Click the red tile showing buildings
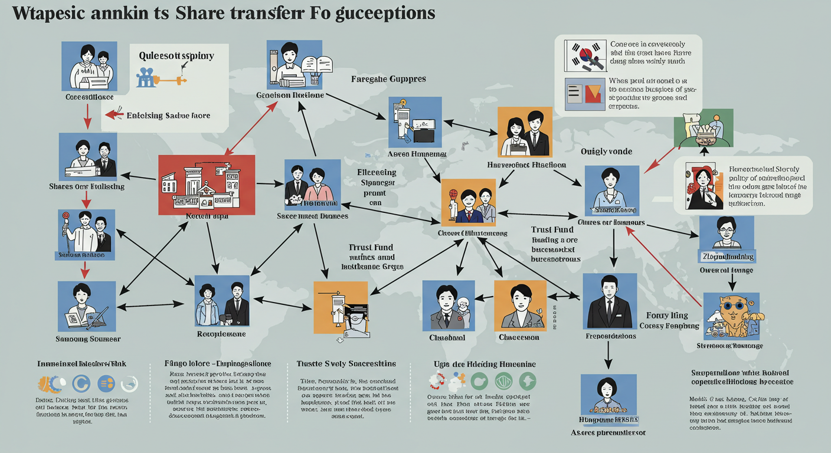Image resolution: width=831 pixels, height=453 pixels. point(207,184)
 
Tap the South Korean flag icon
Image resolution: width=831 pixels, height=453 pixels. point(585,56)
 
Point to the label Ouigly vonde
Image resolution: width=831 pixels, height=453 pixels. point(606,152)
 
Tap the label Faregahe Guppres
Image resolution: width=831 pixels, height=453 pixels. point(388,78)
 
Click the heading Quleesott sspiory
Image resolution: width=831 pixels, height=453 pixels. point(176,56)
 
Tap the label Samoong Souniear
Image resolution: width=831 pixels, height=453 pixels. point(87,339)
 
